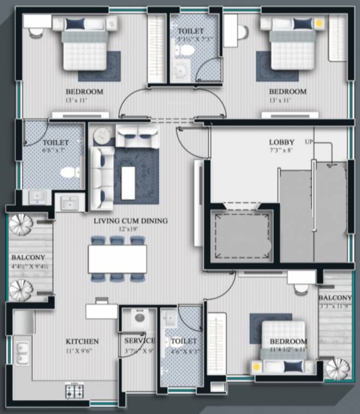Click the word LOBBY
point(282,142)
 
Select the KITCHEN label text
point(82,341)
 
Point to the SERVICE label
point(140,341)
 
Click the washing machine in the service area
point(139,318)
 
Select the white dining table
point(117,259)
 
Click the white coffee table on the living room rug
point(128,183)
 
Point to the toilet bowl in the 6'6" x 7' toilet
point(69,172)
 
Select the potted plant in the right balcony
point(337,369)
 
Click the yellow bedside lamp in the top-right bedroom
point(319,23)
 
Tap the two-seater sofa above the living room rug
point(137,137)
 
